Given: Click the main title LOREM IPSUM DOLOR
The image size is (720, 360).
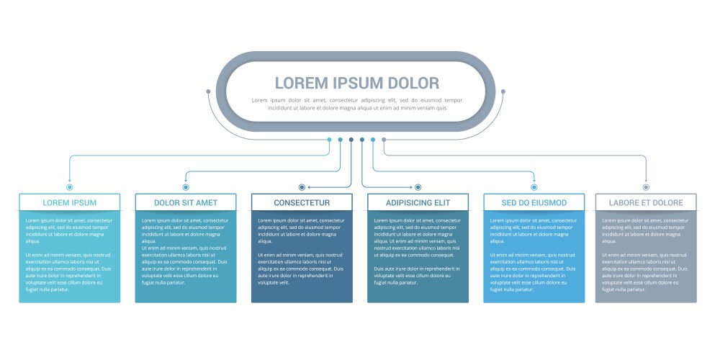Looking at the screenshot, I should tap(356, 83).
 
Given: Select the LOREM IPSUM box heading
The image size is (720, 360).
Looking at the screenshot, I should tap(70, 202).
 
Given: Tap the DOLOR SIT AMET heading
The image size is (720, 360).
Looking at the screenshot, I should tap(186, 202).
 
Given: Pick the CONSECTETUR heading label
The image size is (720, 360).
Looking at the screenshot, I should tap(302, 202).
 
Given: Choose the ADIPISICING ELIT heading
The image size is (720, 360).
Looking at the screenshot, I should tap(418, 202).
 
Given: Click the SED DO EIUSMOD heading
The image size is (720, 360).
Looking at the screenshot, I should tap(534, 202).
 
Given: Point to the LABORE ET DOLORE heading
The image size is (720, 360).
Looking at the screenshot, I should tap(646, 202).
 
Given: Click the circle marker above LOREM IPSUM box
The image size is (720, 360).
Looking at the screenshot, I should tap(70, 187).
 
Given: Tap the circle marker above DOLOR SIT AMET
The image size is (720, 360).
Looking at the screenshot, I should tap(186, 187).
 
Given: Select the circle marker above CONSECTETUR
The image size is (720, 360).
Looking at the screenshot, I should tap(302, 187).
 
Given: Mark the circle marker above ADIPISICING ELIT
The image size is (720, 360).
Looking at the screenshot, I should tap(418, 187).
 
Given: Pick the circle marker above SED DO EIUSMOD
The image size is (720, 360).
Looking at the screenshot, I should tap(534, 187).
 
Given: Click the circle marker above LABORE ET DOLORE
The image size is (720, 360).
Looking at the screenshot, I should tap(646, 187).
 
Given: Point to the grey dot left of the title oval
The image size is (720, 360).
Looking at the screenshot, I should tap(209, 91).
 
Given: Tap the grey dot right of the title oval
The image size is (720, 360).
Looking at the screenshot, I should tap(503, 91).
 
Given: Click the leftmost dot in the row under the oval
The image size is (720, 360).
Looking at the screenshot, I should tap(330, 140).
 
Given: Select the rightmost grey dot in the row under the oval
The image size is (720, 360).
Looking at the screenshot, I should tap(384, 140).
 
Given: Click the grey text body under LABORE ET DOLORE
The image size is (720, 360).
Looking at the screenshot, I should tap(646, 256).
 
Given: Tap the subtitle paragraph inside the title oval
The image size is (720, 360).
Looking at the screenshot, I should tap(356, 104).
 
